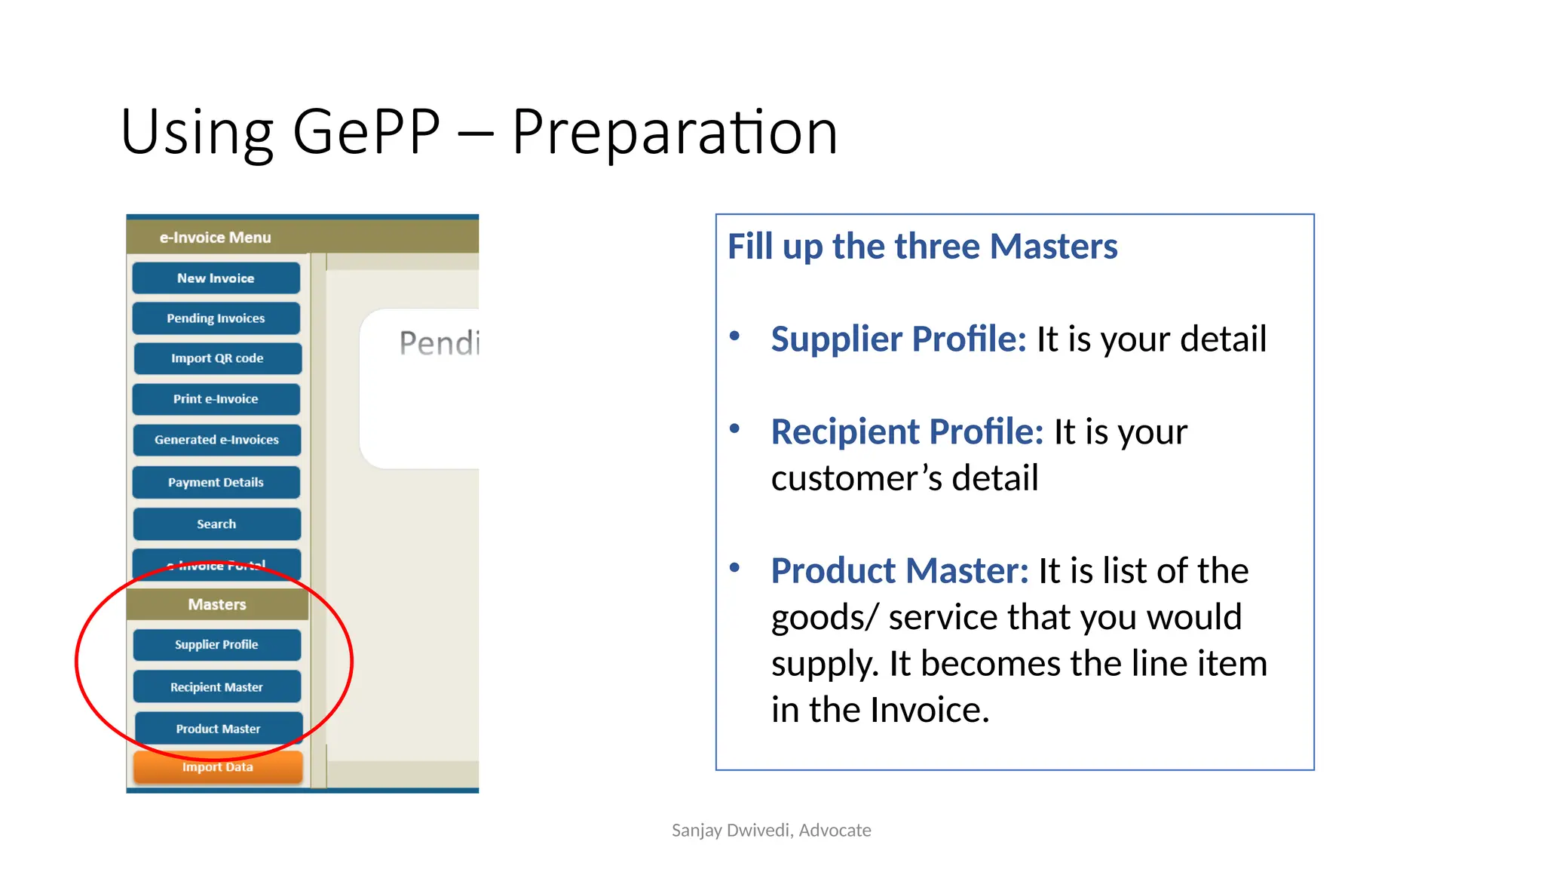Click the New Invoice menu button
click(x=216, y=278)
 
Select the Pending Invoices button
click(x=216, y=318)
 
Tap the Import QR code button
click(x=217, y=358)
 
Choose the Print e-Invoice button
click(x=216, y=399)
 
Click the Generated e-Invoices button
click(x=216, y=440)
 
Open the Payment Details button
click(x=216, y=482)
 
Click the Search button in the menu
click(x=216, y=524)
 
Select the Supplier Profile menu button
click(x=216, y=645)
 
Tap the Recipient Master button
click(x=216, y=687)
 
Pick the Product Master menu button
click(x=218, y=729)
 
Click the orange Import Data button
click(x=218, y=767)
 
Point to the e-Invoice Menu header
click(x=215, y=238)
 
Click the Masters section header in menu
click(x=217, y=604)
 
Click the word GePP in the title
click(x=366, y=132)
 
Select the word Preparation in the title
click(x=675, y=132)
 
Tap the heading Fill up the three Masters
click(x=922, y=247)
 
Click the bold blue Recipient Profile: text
click(x=906, y=432)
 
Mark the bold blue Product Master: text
click(x=899, y=571)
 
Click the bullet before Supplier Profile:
click(x=734, y=336)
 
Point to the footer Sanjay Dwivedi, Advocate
click(x=771, y=831)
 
